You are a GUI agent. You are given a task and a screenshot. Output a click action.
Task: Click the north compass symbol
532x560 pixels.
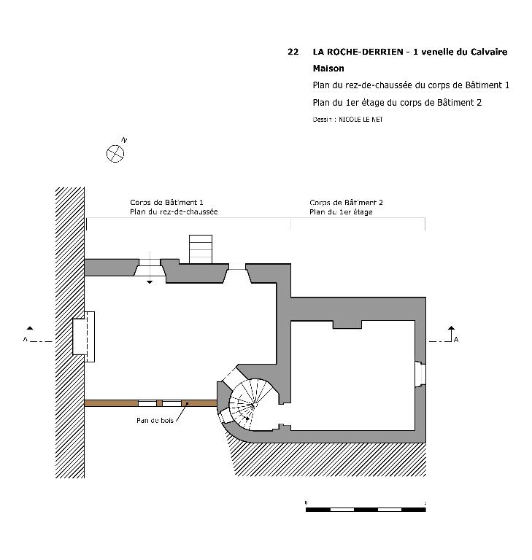(x=115, y=154)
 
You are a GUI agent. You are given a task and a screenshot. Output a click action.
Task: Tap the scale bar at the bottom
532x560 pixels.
(x=366, y=509)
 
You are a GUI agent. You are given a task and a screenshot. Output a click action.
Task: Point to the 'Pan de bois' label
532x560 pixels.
(x=155, y=420)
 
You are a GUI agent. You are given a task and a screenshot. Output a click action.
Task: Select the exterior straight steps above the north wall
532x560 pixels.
(x=200, y=249)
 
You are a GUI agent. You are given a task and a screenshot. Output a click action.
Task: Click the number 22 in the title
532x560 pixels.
(x=293, y=52)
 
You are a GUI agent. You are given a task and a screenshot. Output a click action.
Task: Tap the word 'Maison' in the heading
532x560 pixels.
(x=328, y=69)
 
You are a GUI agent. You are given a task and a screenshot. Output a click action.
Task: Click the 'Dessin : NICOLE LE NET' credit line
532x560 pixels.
(x=347, y=120)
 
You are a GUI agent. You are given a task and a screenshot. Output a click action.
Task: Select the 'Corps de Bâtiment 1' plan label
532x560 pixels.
(x=166, y=202)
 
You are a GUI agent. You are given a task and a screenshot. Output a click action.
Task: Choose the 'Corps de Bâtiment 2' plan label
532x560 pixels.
(x=346, y=203)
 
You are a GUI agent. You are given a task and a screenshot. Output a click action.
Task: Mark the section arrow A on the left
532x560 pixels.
(x=35, y=335)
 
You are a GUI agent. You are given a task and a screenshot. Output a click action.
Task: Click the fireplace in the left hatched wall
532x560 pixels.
(x=84, y=336)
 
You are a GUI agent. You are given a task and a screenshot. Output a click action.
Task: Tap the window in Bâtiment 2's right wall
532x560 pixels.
(x=420, y=374)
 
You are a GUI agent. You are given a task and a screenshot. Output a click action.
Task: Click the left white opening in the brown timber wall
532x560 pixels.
(x=147, y=403)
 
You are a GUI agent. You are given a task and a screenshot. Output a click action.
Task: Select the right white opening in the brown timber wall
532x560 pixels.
(x=172, y=403)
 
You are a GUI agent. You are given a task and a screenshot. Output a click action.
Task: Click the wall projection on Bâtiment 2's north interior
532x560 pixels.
(x=347, y=324)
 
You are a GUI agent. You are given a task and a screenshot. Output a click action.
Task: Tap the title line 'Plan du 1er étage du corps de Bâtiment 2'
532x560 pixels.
(x=397, y=103)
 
